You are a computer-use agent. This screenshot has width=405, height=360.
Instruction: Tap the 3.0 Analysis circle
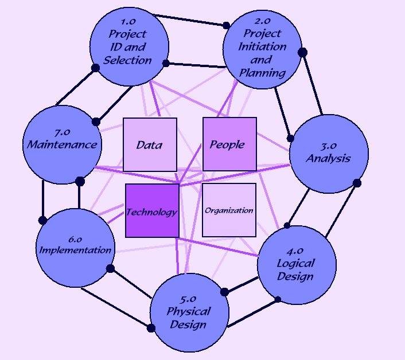coord(328,152)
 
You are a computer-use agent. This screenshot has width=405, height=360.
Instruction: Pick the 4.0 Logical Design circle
coord(295,264)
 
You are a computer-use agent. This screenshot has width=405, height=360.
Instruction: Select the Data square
coord(150,144)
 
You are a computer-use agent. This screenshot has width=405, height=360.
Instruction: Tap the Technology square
coord(152,211)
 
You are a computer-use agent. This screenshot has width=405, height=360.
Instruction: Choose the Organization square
coord(229,210)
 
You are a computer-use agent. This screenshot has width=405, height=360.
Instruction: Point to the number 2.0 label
coord(262,23)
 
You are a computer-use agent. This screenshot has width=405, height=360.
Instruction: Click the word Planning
coord(262,72)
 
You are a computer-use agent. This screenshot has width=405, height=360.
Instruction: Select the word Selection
coord(128,59)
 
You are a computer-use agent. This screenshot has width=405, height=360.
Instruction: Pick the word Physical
coord(189,312)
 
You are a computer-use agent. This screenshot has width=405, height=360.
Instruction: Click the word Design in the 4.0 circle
coord(295,276)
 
